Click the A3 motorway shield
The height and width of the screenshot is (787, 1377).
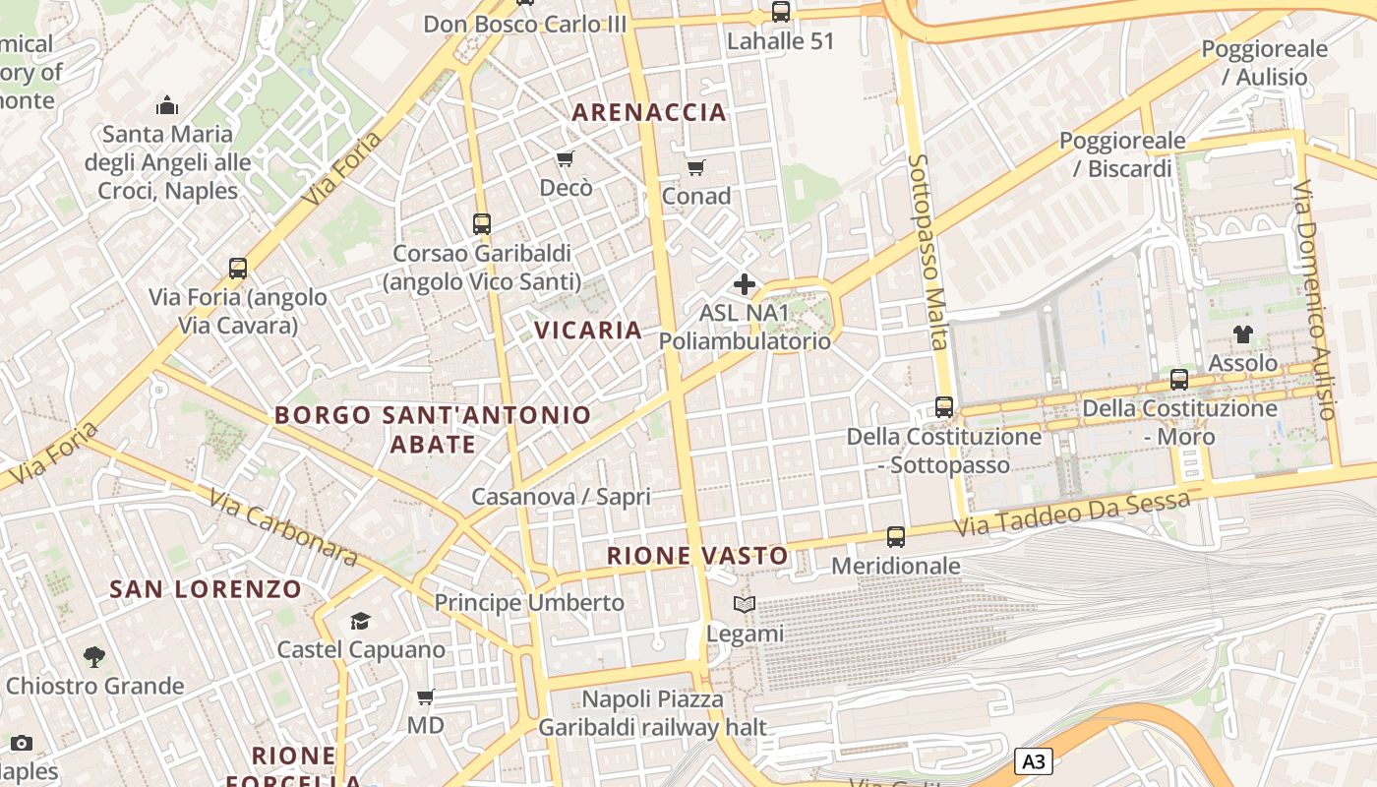click(x=1033, y=761)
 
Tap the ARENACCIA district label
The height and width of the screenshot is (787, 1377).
click(x=649, y=112)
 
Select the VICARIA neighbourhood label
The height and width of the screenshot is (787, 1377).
click(x=588, y=330)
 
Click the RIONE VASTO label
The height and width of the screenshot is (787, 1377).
click(x=697, y=556)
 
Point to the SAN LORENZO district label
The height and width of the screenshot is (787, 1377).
click(x=206, y=589)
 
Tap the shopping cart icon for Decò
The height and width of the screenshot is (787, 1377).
click(x=565, y=158)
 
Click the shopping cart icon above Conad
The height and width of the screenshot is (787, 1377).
click(x=696, y=167)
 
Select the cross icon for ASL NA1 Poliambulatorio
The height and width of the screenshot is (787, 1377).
click(x=745, y=285)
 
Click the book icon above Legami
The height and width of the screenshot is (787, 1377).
click(x=745, y=605)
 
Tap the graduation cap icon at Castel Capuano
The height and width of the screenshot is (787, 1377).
click(x=360, y=621)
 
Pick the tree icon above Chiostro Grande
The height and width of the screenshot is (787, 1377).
click(x=94, y=656)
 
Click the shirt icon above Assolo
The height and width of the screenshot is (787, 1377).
click(x=1243, y=334)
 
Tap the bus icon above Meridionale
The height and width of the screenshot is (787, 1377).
click(x=895, y=537)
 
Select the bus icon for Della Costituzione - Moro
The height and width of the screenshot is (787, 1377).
click(x=1178, y=379)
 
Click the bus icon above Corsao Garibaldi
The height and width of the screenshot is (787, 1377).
click(x=481, y=223)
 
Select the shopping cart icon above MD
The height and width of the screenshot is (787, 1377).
click(x=425, y=697)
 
